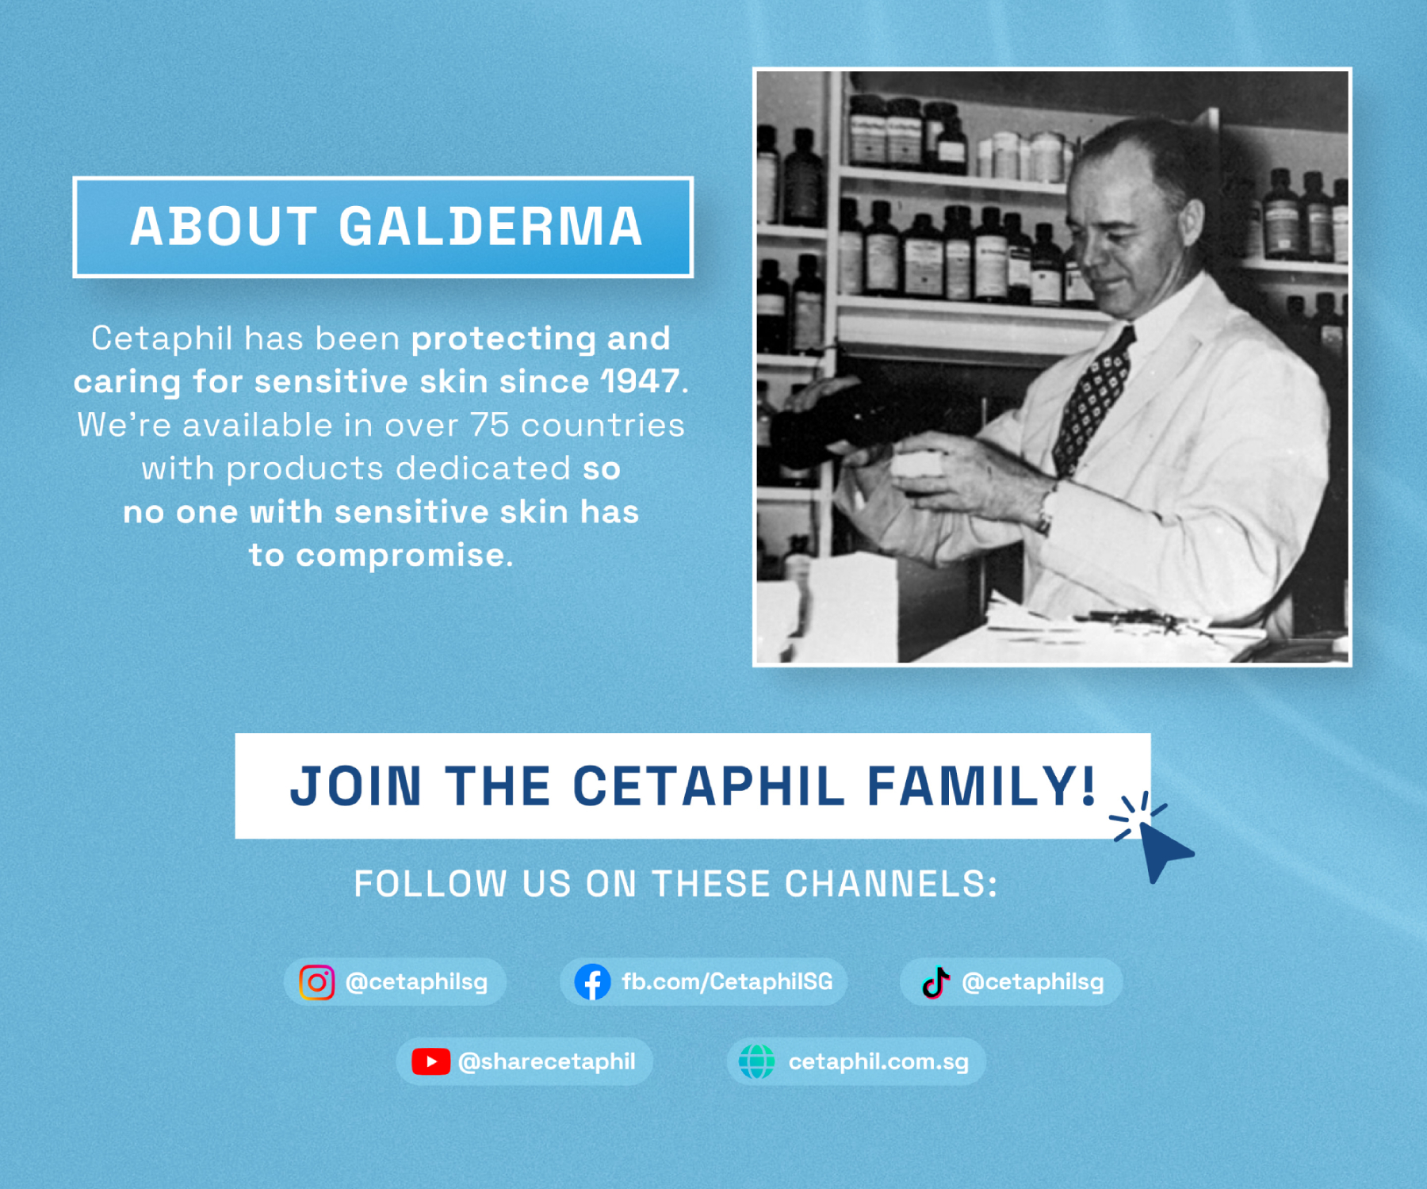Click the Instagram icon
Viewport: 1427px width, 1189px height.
pos(316,982)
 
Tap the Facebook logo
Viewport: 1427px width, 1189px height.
pos(592,982)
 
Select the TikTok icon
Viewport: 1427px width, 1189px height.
pos(935,982)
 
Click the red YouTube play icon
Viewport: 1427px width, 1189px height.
pos(430,1061)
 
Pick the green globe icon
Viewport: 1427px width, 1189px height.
pos(757,1061)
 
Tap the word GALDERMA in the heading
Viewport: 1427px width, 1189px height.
pos(491,227)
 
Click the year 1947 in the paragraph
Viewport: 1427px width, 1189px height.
pos(641,381)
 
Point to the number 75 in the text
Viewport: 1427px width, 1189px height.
pos(489,425)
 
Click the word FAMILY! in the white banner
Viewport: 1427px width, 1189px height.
pos(981,786)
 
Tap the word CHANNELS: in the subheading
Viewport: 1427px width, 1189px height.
pos(891,884)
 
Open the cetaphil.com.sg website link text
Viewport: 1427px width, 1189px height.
pos(878,1062)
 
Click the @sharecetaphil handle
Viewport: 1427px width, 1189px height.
pos(547,1062)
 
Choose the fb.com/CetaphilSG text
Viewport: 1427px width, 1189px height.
pos(727,982)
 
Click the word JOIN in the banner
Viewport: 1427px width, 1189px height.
pos(356,786)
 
